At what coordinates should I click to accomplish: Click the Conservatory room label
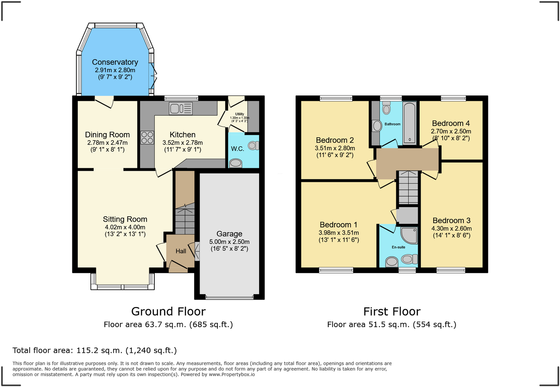(x=115, y=62)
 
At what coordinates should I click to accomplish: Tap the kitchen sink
(x=181, y=108)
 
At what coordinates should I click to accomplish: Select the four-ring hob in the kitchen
(x=147, y=137)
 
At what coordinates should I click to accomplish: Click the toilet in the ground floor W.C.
(x=253, y=145)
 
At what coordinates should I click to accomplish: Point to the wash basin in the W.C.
(x=235, y=163)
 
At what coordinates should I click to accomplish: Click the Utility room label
(x=239, y=114)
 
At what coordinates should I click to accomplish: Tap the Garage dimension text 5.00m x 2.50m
(x=229, y=242)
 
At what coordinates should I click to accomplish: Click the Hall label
(x=181, y=251)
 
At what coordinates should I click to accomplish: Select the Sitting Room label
(x=125, y=219)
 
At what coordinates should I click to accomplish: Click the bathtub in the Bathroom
(x=409, y=123)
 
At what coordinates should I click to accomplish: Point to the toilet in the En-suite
(x=409, y=259)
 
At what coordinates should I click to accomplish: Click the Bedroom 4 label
(x=451, y=123)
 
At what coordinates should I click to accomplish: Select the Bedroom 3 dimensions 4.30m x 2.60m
(x=452, y=228)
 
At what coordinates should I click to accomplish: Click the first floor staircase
(x=409, y=188)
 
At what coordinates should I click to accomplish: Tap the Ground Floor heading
(x=168, y=311)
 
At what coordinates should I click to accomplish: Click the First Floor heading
(x=392, y=311)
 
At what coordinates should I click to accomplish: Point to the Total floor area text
(x=95, y=350)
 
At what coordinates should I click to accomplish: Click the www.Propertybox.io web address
(x=232, y=374)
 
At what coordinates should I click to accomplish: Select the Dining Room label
(x=107, y=135)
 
